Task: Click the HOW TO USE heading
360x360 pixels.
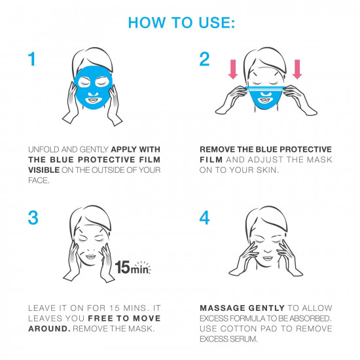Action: pyautogui.click(x=181, y=22)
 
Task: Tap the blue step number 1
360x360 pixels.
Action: pyautogui.click(x=31, y=59)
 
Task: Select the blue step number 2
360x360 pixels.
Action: pyautogui.click(x=204, y=59)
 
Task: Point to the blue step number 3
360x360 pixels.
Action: pyautogui.click(x=33, y=218)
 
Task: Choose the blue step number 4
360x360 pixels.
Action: pyautogui.click(x=204, y=218)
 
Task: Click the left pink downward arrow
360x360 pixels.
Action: pyautogui.click(x=233, y=69)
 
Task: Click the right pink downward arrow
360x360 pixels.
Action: pyautogui.click(x=297, y=69)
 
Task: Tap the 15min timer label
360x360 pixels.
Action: pyautogui.click(x=132, y=268)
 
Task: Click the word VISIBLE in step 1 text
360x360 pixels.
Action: pyautogui.click(x=44, y=170)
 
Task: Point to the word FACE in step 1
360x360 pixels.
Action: pyautogui.click(x=38, y=181)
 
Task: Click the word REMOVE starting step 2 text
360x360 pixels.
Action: pyautogui.click(x=217, y=149)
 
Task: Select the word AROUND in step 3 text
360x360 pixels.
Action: pyautogui.click(x=48, y=329)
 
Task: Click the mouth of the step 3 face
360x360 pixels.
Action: pyautogui.click(x=91, y=257)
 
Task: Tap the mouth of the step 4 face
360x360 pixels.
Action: pyautogui.click(x=268, y=259)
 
